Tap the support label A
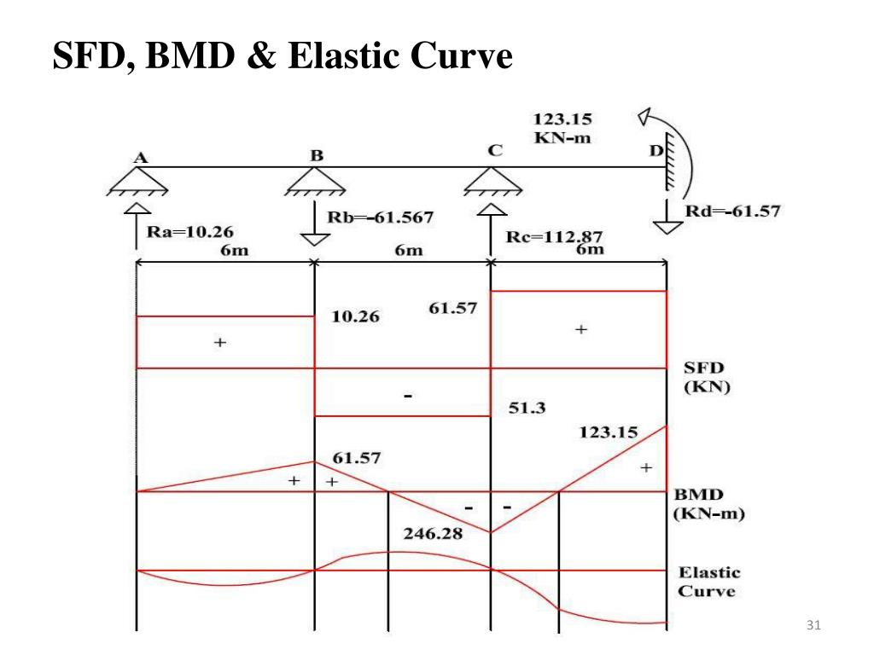pos(140,157)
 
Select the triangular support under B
pos(316,182)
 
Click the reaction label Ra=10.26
pos(189,230)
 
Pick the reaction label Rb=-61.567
pos(381,217)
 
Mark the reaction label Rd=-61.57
pos(732,211)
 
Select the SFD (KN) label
pos(705,376)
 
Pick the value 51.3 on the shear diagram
pos(527,408)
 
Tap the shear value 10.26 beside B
pos(355,317)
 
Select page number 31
pos(813,627)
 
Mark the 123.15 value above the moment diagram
pos(609,432)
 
